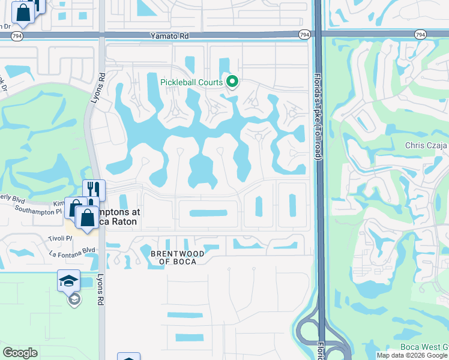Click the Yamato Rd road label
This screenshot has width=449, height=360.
pyautogui.click(x=170, y=36)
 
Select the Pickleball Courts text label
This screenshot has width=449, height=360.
pyautogui.click(x=191, y=82)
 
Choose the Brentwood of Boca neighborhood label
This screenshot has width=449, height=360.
pyautogui.click(x=178, y=258)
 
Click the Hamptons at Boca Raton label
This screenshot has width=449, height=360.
pyautogui.click(x=118, y=217)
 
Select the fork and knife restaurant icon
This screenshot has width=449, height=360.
pyautogui.click(x=94, y=189)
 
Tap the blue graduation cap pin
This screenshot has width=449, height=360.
pyautogui.click(x=68, y=280)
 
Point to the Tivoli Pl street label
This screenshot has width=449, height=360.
pyautogui.click(x=60, y=239)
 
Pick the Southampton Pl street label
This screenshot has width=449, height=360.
pyautogui.click(x=38, y=211)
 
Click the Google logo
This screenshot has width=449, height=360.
pyautogui.click(x=20, y=353)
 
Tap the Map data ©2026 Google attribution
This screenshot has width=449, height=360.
pyautogui.click(x=412, y=355)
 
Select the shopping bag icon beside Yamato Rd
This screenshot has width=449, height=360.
pyautogui.click(x=23, y=13)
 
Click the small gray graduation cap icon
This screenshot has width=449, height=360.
pyautogui.click(x=74, y=299)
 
